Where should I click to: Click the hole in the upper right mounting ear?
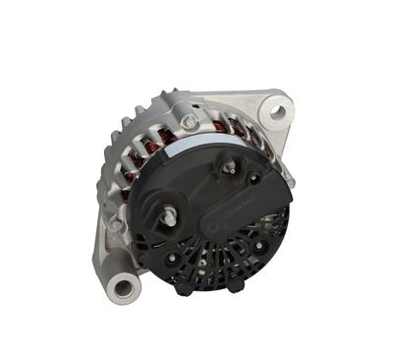277,112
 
